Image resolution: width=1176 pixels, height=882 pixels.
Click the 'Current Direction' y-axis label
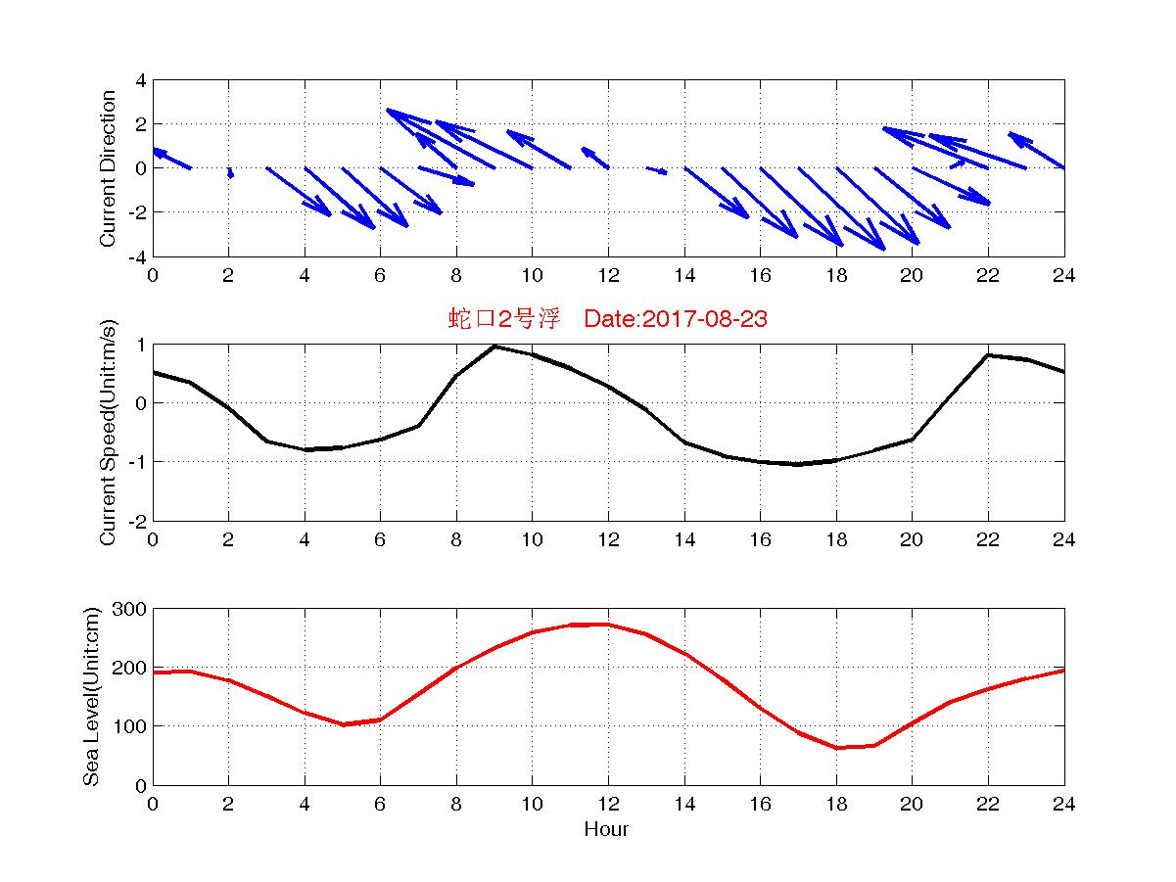click(x=108, y=168)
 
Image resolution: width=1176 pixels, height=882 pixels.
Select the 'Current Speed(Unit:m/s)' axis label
click(x=108, y=433)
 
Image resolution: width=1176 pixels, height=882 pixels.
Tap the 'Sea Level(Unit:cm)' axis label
click(x=91, y=696)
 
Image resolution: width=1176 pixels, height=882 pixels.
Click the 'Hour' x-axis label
click(x=606, y=830)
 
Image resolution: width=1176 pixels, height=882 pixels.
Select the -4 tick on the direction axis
click(x=135, y=256)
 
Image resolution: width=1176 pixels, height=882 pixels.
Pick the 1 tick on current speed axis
click(x=141, y=345)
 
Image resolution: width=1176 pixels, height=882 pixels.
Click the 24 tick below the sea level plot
click(x=1063, y=805)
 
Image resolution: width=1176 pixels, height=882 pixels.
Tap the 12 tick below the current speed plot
click(x=608, y=540)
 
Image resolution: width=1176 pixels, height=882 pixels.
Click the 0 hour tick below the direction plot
click(x=153, y=276)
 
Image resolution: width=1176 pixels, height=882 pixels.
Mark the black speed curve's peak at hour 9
click(x=494, y=347)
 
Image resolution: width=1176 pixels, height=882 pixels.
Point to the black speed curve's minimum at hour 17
click(x=798, y=464)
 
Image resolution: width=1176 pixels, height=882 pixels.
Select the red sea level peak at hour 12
click(x=608, y=625)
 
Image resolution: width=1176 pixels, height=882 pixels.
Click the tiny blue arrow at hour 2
click(x=230, y=173)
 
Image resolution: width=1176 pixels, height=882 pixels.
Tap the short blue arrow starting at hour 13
click(x=657, y=170)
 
